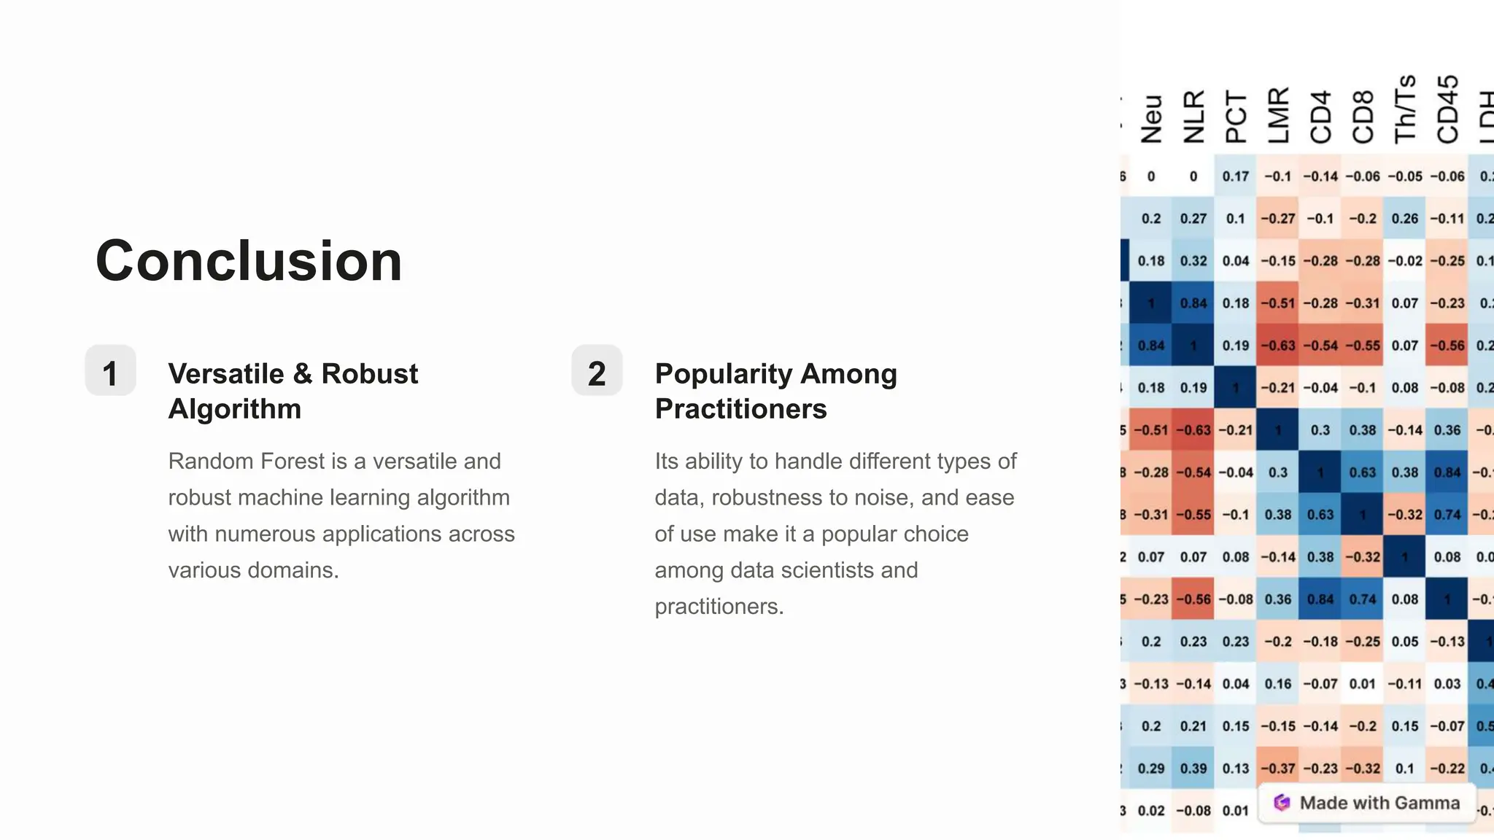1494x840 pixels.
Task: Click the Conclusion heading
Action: tap(249, 261)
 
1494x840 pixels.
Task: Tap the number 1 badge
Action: tap(110, 373)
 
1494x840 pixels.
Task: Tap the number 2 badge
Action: tap(597, 373)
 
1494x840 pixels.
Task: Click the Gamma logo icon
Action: tap(1282, 803)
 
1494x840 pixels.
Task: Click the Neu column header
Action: tap(1151, 118)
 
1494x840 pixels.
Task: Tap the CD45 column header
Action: tap(1447, 109)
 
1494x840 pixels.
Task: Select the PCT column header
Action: tap(1236, 117)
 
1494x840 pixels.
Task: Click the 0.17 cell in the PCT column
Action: tap(1236, 176)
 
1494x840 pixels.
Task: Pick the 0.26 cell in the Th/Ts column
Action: tap(1405, 219)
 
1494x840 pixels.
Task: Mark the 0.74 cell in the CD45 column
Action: tap(1447, 515)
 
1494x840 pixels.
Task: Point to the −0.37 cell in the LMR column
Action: tap(1278, 769)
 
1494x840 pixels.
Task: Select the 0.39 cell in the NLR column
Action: tap(1193, 769)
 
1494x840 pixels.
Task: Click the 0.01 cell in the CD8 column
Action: tap(1363, 684)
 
